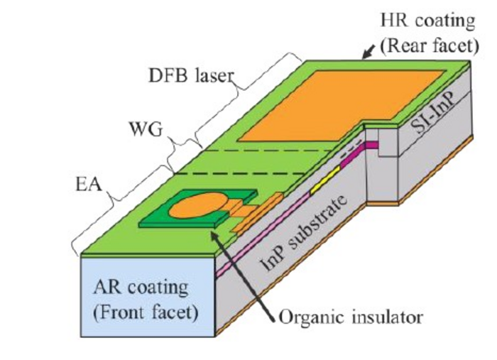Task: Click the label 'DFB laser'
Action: pyautogui.click(x=190, y=75)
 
